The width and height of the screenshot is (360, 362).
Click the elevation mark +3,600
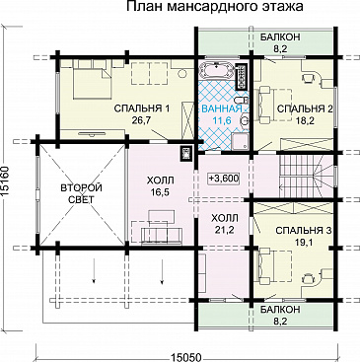pyautogui.click(x=225, y=178)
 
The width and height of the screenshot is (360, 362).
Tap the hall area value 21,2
pyautogui.click(x=225, y=231)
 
